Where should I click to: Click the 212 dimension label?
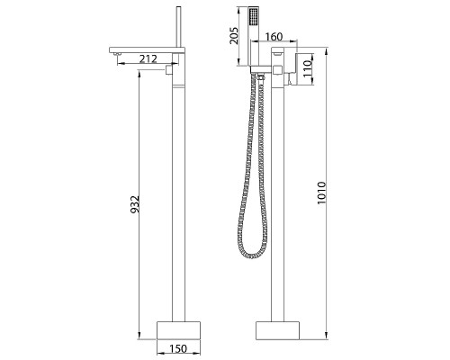[148, 58]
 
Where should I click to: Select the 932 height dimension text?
[135, 204]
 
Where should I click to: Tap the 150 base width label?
[178, 349]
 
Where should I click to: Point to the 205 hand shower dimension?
[233, 36]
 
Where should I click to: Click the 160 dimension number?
[274, 37]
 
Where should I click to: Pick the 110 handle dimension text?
[308, 68]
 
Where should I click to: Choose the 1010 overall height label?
[321, 193]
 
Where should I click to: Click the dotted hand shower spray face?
[254, 18]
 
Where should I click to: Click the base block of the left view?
[178, 330]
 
